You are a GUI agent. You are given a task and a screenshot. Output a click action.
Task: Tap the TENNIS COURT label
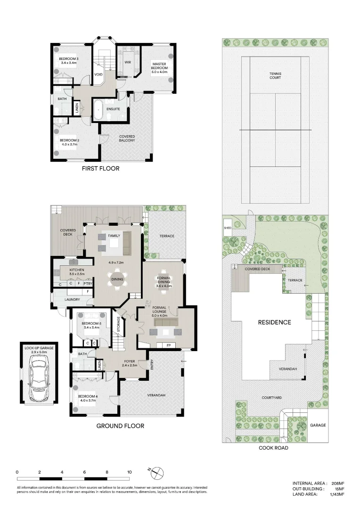[x=275, y=75]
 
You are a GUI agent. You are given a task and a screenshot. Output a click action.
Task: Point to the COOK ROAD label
[x=273, y=448]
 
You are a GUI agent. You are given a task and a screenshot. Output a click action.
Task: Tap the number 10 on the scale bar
[x=129, y=472]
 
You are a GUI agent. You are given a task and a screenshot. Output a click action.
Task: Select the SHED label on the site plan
[x=227, y=227]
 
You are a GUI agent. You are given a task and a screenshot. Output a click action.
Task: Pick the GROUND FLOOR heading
[x=120, y=426]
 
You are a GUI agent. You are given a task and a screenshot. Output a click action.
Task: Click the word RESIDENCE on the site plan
[x=274, y=322]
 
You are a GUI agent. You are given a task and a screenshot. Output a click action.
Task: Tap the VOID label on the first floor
[x=98, y=74]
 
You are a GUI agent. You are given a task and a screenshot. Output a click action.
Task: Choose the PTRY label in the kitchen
[x=88, y=284]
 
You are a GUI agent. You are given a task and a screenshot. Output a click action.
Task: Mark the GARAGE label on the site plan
[x=318, y=425]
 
